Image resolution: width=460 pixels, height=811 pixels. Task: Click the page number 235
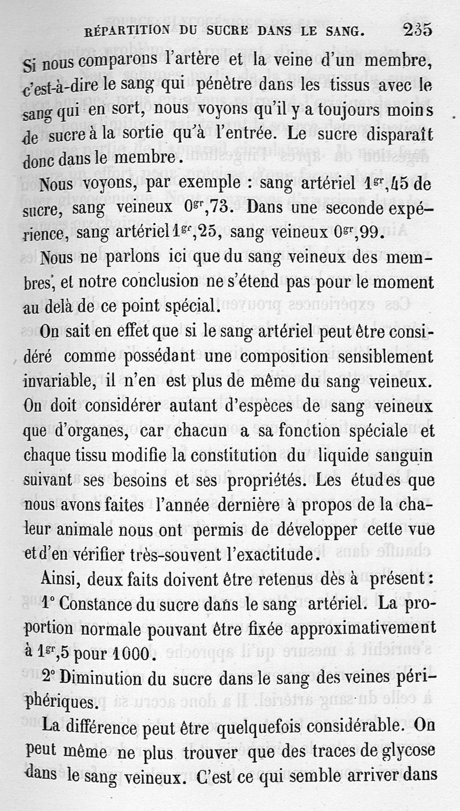(x=418, y=29)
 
